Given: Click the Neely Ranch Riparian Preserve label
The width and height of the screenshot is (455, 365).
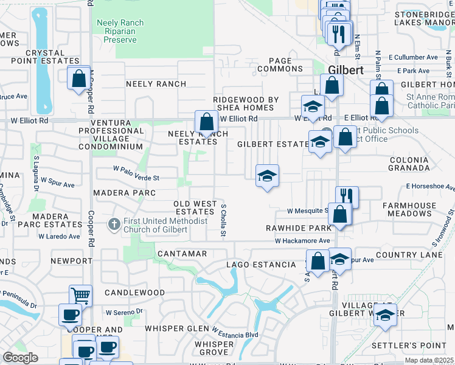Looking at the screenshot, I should (x=120, y=31).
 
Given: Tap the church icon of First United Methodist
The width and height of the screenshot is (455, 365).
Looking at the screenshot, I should (x=114, y=224).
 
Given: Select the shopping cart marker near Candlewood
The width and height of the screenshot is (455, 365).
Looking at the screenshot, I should (x=80, y=295).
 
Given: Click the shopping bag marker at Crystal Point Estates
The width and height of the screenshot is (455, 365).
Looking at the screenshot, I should (x=78, y=78).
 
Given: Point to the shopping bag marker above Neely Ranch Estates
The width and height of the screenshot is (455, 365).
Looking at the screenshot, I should (x=206, y=120).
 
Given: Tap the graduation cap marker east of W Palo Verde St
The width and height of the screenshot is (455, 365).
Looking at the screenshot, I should (x=267, y=176).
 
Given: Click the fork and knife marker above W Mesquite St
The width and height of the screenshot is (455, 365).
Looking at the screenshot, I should (x=346, y=196).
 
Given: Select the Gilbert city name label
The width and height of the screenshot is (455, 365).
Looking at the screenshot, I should (x=346, y=70).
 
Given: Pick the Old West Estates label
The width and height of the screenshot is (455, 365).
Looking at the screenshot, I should (x=194, y=207).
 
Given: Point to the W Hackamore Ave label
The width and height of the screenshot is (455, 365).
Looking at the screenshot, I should (x=302, y=241).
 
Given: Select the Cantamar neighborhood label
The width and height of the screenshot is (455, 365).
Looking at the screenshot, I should (x=181, y=253).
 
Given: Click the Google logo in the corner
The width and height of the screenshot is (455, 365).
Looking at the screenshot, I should (x=20, y=358).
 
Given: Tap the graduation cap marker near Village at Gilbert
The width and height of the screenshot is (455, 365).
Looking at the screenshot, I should (x=384, y=315).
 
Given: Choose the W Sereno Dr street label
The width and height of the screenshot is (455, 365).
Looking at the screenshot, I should (x=123, y=311).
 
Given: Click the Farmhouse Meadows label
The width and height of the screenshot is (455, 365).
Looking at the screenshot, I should (x=407, y=210).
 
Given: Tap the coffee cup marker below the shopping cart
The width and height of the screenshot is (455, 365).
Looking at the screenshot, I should (x=70, y=315).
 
